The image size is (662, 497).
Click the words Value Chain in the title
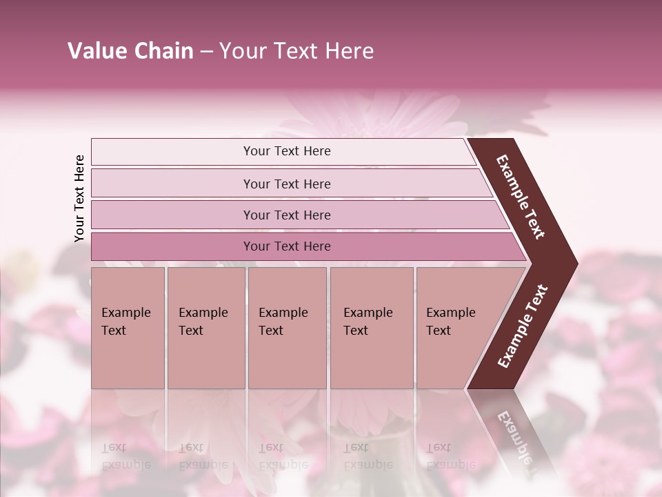click(130, 51)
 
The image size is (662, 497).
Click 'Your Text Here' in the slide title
click(297, 51)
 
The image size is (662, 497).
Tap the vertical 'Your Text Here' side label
click(79, 198)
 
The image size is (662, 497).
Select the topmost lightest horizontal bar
click(172, 152)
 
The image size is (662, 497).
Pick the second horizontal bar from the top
click(172, 184)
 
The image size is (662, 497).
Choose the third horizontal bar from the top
click(172, 215)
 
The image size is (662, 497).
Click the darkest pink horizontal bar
click(172, 246)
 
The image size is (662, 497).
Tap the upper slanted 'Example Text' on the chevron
click(521, 197)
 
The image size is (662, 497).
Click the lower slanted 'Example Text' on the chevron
click(523, 326)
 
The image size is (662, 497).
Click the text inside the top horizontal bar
click(287, 151)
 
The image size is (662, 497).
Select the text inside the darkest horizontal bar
click(287, 246)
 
